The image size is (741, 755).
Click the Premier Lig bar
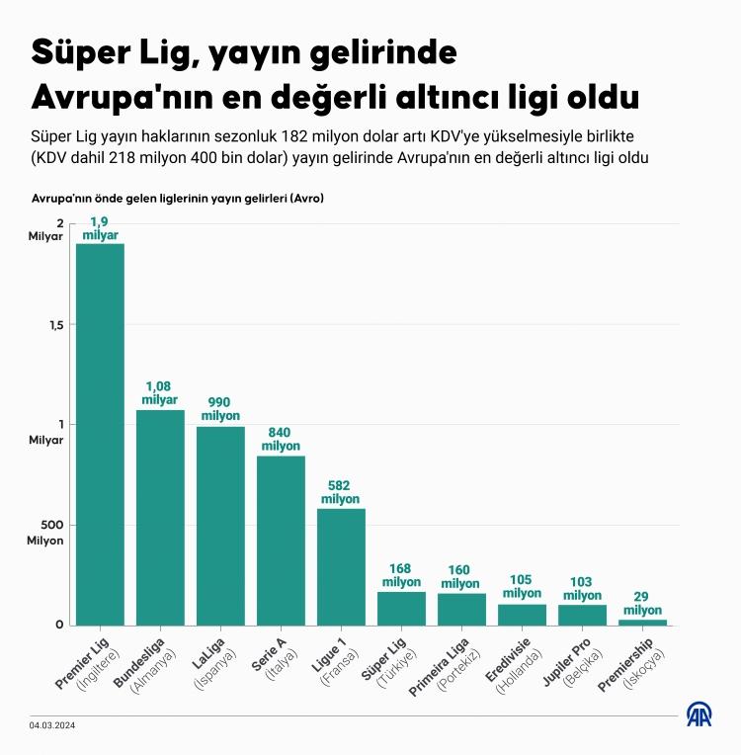(100, 435)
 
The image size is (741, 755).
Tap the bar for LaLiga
(220, 526)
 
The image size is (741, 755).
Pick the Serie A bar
(281, 540)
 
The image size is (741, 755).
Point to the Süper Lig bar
(401, 608)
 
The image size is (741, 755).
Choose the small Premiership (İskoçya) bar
(643, 622)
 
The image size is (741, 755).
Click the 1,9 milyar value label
(100, 228)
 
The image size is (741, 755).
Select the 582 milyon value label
(341, 492)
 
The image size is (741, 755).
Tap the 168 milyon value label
(401, 575)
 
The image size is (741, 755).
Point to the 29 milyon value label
(643, 604)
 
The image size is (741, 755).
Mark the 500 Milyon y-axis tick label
(45, 533)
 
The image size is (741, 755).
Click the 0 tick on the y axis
(59, 625)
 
